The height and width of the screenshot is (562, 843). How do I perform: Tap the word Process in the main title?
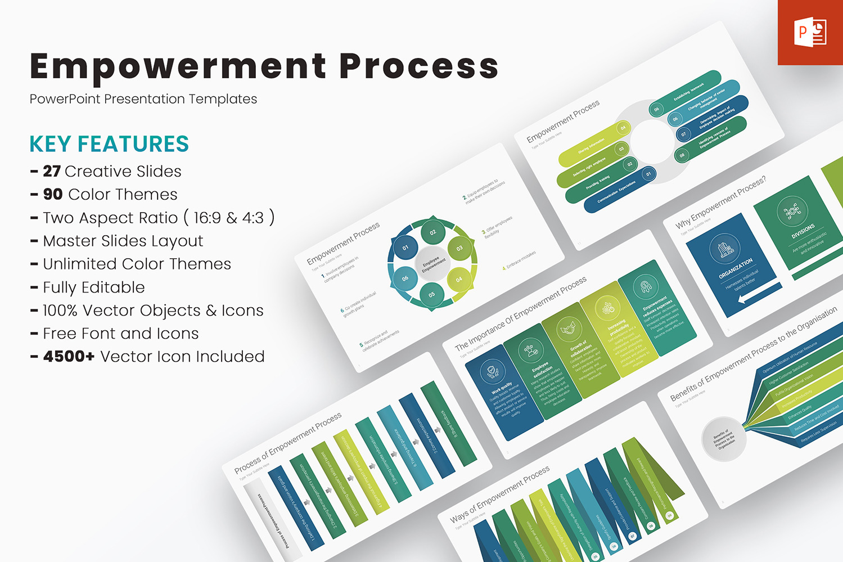click(x=419, y=66)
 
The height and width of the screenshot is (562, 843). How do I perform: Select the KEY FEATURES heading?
click(x=109, y=144)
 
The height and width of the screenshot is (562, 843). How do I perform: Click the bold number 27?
click(x=52, y=171)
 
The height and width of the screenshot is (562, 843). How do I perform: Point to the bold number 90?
click(x=53, y=194)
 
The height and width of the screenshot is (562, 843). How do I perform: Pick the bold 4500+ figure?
click(x=69, y=356)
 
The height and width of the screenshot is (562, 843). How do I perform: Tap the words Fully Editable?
click(x=94, y=287)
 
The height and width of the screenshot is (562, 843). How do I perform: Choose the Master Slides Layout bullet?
click(x=123, y=241)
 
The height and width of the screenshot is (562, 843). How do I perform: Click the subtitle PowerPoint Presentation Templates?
click(x=143, y=99)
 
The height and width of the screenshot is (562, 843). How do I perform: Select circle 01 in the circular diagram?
click(x=405, y=248)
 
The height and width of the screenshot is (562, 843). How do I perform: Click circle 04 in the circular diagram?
click(x=459, y=279)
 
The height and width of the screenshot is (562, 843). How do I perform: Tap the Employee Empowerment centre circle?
click(x=432, y=263)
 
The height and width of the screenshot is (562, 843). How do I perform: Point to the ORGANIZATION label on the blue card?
click(x=736, y=268)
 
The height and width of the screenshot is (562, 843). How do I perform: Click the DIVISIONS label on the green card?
click(x=803, y=231)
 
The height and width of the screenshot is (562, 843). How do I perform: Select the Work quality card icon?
click(x=493, y=371)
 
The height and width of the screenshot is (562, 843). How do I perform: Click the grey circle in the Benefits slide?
click(x=724, y=439)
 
